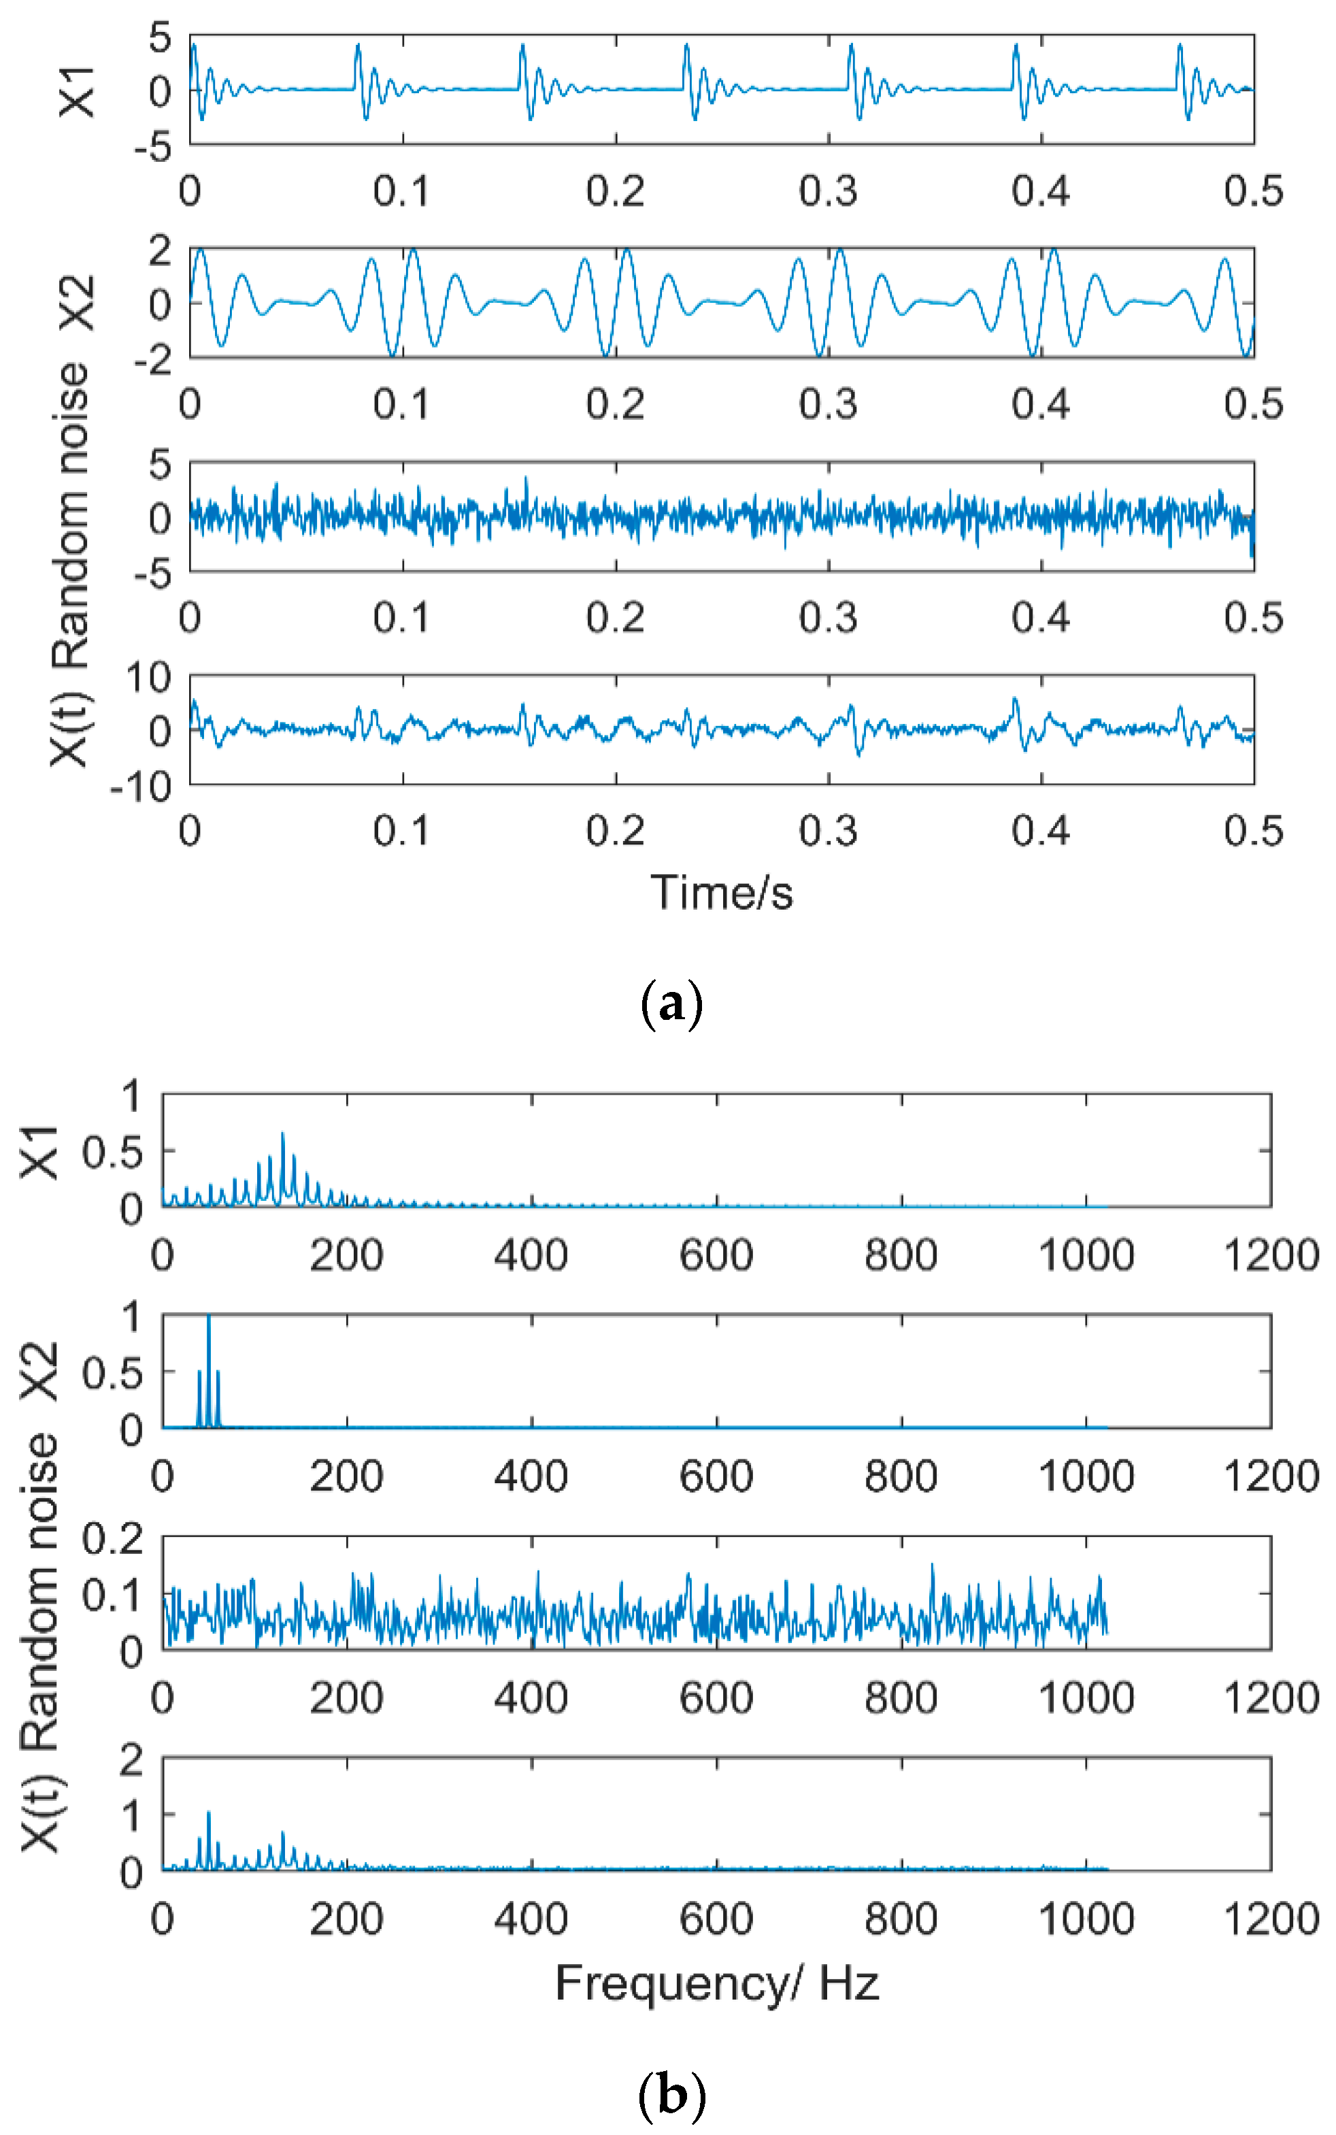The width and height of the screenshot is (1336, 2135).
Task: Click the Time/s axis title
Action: point(721,893)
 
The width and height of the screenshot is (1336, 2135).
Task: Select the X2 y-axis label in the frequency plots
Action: point(39,1371)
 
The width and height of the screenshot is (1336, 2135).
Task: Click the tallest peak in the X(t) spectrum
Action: point(209,1813)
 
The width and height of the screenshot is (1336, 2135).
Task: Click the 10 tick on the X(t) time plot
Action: point(148,678)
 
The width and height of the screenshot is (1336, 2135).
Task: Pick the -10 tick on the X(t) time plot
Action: point(141,786)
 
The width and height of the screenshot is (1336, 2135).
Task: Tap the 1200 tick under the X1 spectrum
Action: point(1271,1255)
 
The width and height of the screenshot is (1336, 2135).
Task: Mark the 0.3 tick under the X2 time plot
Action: point(828,404)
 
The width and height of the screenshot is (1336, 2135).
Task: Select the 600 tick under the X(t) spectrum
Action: point(716,1919)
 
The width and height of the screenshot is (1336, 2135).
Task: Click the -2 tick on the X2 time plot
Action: point(153,360)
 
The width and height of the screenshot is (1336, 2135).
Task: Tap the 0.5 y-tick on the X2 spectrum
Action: point(112,1372)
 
